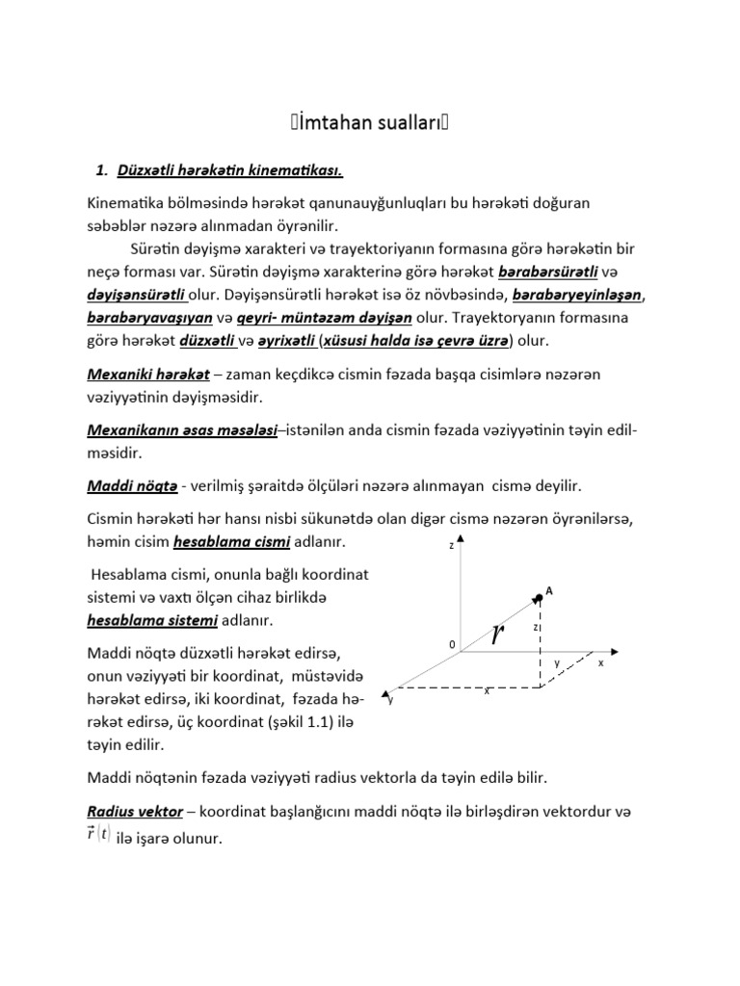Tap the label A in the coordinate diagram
click(549, 590)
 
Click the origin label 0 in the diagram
click(449, 643)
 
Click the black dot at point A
click(538, 598)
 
